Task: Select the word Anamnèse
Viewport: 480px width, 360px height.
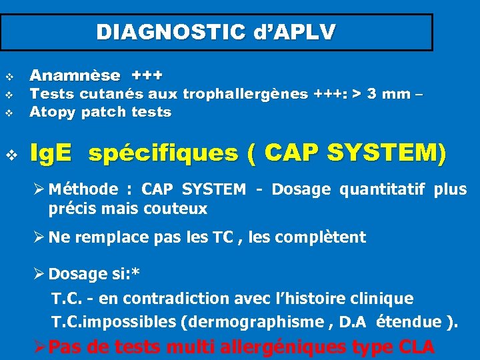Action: coord(75,75)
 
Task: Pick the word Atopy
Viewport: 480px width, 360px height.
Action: coord(53,112)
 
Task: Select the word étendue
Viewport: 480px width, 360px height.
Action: coord(408,323)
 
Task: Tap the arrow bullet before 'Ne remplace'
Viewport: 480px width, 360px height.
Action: coord(41,237)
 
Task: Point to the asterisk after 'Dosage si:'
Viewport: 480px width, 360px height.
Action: coord(135,272)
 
